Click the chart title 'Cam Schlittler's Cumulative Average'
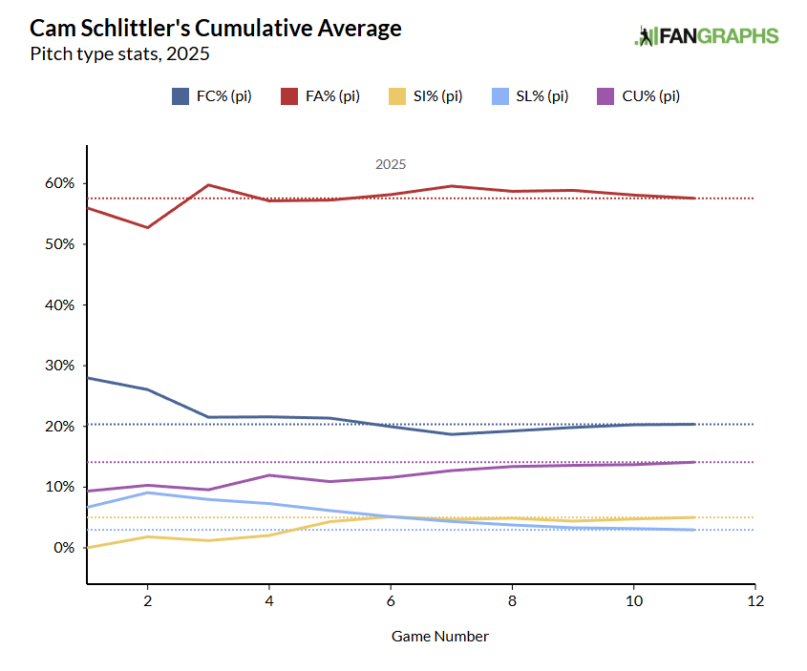point(216,29)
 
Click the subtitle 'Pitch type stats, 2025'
point(120,53)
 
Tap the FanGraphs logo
point(707,36)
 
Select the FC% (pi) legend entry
point(211,95)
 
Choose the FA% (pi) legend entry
point(319,95)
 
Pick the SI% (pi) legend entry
point(425,95)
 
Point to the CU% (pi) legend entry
point(638,95)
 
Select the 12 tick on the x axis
point(754,601)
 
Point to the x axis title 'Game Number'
point(440,636)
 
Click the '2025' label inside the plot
point(391,164)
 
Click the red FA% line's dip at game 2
point(147,227)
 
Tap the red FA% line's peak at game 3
point(208,185)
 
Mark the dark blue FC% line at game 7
point(451,434)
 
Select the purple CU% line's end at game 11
point(694,462)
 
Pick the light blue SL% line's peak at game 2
point(147,493)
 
